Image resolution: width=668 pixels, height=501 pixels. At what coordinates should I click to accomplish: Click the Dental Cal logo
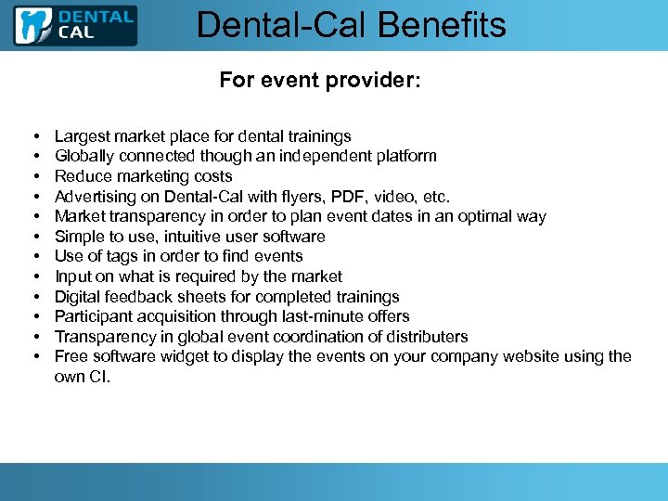coord(75,25)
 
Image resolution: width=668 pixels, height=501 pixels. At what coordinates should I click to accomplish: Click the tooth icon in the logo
coord(34,25)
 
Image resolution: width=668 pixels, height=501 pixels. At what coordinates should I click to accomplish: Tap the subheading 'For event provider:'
coord(320,80)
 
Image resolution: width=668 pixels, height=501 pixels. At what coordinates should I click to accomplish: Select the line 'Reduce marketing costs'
coord(144,176)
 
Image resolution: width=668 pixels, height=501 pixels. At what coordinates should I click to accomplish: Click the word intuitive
coord(186,237)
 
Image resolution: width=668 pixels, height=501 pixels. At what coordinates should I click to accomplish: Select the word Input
coord(73,276)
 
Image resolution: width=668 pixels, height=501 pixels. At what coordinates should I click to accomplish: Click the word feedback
coord(140,297)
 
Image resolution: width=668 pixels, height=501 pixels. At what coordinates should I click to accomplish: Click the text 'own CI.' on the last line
coord(83,377)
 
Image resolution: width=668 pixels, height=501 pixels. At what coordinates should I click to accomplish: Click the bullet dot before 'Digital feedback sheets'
coord(33,297)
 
